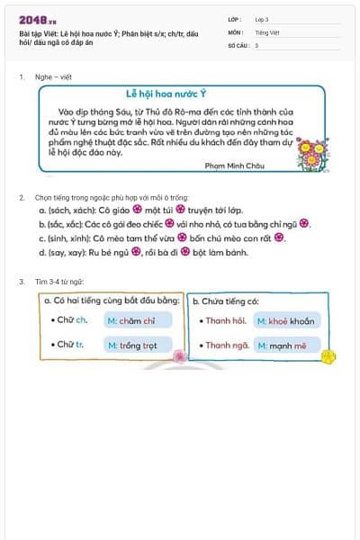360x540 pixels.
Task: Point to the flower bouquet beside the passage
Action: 312,152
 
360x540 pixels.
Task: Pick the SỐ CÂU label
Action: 238,44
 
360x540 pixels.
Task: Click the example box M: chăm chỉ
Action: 133,320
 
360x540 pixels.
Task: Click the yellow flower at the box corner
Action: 329,357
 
